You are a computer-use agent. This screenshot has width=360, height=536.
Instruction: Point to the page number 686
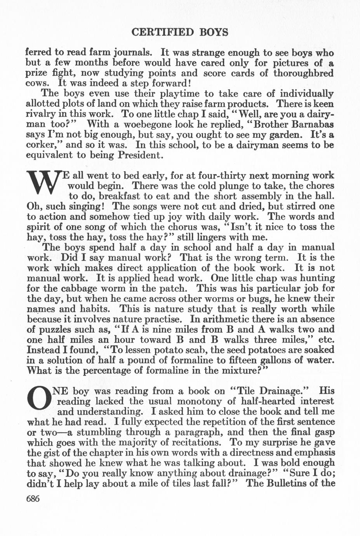coord(33,499)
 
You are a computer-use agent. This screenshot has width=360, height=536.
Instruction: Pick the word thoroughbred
coord(303,73)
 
